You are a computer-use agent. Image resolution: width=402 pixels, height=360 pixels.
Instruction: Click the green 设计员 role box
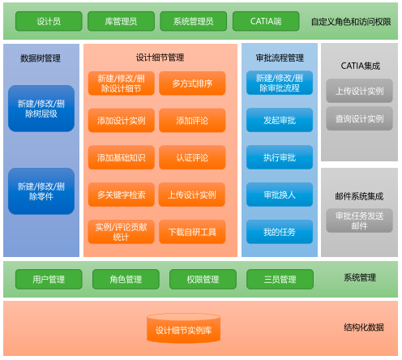[x=49, y=21]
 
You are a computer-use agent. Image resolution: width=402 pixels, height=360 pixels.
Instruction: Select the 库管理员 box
[x=121, y=21]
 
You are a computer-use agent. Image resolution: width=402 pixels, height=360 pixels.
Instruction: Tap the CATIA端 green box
[x=266, y=21]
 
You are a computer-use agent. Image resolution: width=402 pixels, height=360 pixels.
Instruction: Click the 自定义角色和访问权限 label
[x=351, y=22]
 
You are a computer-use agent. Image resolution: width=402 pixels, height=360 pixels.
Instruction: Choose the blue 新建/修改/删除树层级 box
[x=41, y=109]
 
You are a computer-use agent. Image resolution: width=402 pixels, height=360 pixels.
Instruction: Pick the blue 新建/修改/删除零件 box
[x=41, y=191]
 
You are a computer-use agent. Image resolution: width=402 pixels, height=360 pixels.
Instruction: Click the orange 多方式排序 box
[x=192, y=84]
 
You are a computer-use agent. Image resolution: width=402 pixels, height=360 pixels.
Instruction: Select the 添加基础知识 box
[x=122, y=157]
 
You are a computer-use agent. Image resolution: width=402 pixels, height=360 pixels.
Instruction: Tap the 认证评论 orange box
[x=192, y=157]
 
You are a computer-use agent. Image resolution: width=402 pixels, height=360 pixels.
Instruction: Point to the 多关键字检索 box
[x=122, y=195]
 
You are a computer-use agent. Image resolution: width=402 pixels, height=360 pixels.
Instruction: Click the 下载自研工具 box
[x=192, y=232]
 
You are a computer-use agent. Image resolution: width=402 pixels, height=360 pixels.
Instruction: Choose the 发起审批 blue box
[x=280, y=120]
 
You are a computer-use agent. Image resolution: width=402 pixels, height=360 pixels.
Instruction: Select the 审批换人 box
[x=280, y=195]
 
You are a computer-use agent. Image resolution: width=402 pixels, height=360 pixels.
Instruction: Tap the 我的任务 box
[x=280, y=232]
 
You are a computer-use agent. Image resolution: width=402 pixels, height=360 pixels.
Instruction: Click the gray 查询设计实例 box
[x=359, y=118]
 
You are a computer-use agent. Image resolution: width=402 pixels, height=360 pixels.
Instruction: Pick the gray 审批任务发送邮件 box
[x=359, y=221]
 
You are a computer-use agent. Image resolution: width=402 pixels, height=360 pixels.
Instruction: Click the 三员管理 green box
[x=280, y=279]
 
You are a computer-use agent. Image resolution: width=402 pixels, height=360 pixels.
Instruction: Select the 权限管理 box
[x=203, y=279]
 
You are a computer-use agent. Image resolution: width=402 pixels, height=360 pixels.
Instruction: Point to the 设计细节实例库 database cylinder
[x=183, y=328]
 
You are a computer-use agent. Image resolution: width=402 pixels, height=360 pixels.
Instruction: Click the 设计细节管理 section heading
[x=160, y=58]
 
